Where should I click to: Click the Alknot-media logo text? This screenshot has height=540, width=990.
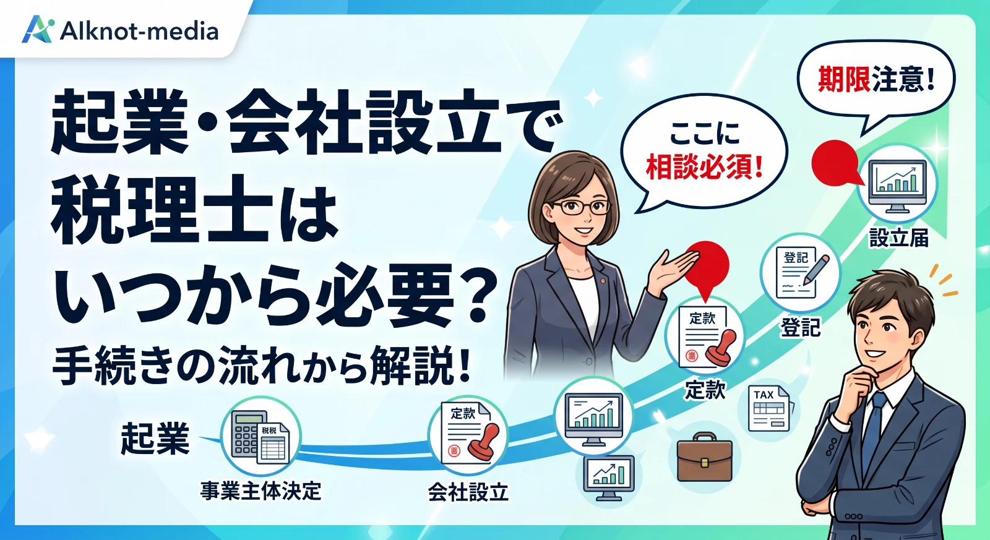(x=139, y=32)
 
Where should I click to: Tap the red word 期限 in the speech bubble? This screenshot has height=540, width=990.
(x=844, y=80)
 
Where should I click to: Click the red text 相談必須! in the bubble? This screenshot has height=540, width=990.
(x=705, y=168)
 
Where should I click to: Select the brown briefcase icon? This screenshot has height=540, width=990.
(x=705, y=457)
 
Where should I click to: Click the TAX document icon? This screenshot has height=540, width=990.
(x=768, y=408)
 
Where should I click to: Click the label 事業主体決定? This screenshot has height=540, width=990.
(x=260, y=491)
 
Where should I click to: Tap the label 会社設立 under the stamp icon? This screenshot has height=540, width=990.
(x=468, y=492)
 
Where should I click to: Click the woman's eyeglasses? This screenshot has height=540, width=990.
(x=581, y=207)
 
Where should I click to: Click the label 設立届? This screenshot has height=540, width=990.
(x=898, y=238)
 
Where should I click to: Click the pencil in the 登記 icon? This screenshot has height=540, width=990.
(x=816, y=269)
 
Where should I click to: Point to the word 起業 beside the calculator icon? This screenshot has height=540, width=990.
(x=155, y=438)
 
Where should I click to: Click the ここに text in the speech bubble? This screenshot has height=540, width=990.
(x=705, y=134)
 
